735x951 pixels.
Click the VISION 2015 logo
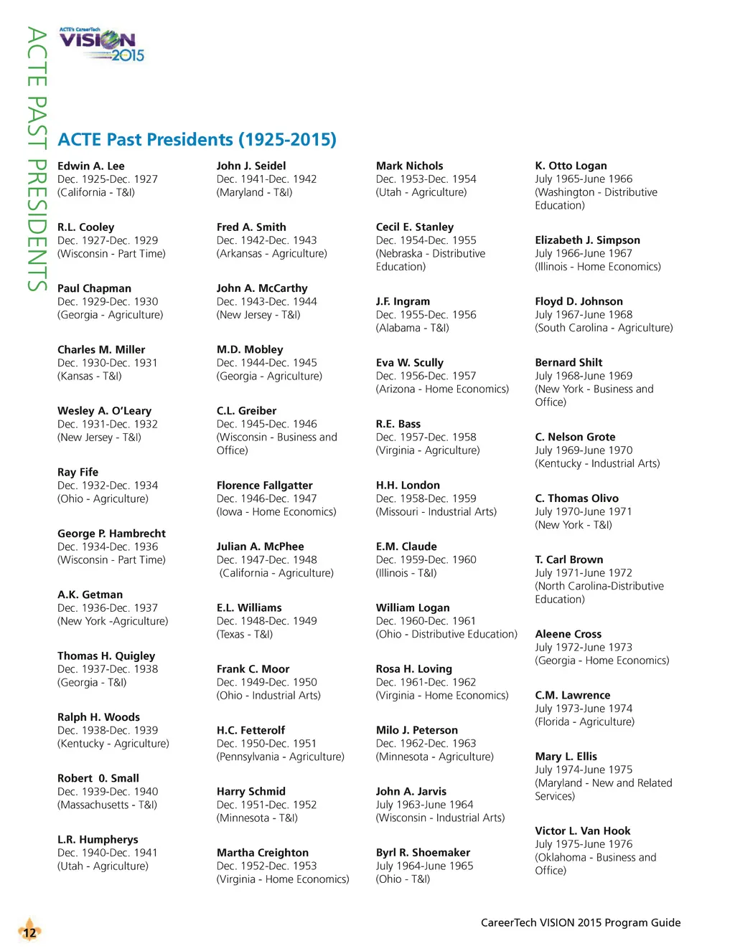click(102, 45)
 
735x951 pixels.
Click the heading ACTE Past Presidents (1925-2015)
click(197, 139)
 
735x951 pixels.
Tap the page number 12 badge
click(29, 932)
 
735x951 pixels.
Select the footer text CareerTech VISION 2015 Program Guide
click(580, 922)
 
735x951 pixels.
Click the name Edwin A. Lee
click(90, 166)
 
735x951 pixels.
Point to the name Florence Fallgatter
click(264, 486)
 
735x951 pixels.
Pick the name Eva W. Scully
click(409, 363)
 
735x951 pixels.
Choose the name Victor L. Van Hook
click(582, 831)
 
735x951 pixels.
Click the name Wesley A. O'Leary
click(104, 411)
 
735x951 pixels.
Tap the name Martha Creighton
click(262, 853)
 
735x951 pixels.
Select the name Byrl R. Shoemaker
click(423, 853)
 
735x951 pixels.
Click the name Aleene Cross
click(568, 634)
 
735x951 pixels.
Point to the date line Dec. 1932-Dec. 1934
click(108, 486)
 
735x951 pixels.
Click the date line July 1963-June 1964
click(424, 805)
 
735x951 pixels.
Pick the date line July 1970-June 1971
click(583, 511)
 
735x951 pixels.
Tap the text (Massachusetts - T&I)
click(107, 805)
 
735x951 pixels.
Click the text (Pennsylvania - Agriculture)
click(280, 757)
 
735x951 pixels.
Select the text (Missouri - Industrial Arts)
click(436, 511)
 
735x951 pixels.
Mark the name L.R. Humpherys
click(98, 840)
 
